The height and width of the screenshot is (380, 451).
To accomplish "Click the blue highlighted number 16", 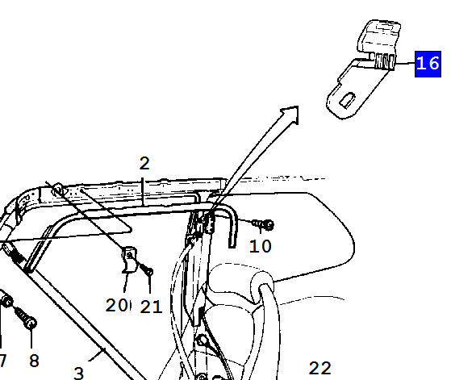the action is [428, 64].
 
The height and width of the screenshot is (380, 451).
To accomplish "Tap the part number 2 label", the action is [144, 163].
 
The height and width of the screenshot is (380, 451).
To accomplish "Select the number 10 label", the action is [261, 246].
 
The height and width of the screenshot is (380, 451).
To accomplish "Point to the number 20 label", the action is [116, 305].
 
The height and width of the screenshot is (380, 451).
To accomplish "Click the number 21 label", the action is [152, 307].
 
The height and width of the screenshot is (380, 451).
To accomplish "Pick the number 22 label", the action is [319, 368].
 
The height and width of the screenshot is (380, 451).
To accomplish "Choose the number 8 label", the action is [34, 361].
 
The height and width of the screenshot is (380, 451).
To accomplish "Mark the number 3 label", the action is [79, 373].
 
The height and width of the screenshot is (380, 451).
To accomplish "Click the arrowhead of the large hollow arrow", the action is [291, 114].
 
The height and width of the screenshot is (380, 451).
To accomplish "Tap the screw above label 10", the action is [263, 224].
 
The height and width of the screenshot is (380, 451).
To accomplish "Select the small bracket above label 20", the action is [129, 260].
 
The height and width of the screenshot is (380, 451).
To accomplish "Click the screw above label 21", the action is [146, 269].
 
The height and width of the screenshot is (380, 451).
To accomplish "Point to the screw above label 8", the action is [26, 317].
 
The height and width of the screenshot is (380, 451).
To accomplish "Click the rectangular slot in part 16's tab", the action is [348, 100].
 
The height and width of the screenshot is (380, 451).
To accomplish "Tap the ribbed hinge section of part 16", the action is [384, 61].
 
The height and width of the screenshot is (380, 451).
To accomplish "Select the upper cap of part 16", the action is [379, 36].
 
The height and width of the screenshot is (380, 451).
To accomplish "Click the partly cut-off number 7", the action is [2, 361].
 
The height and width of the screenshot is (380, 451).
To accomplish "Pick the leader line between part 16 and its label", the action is [405, 63].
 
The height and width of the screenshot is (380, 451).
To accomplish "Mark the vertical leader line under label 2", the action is [143, 191].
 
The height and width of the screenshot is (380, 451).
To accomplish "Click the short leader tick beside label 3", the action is [97, 354].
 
